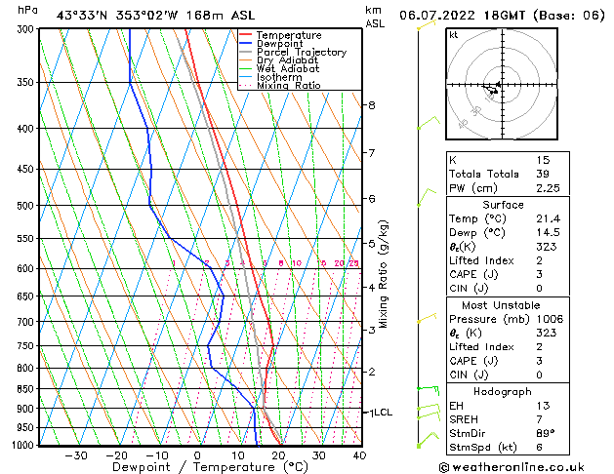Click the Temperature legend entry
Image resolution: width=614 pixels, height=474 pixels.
tap(288, 35)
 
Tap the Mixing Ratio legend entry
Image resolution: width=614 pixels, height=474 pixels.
tap(288, 86)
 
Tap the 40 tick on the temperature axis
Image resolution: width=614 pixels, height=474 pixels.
tap(359, 455)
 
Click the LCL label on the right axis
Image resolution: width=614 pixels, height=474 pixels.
tap(383, 413)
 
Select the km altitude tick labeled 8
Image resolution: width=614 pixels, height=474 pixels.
tap(372, 105)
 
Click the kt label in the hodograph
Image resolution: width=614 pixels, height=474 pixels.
tap(454, 34)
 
